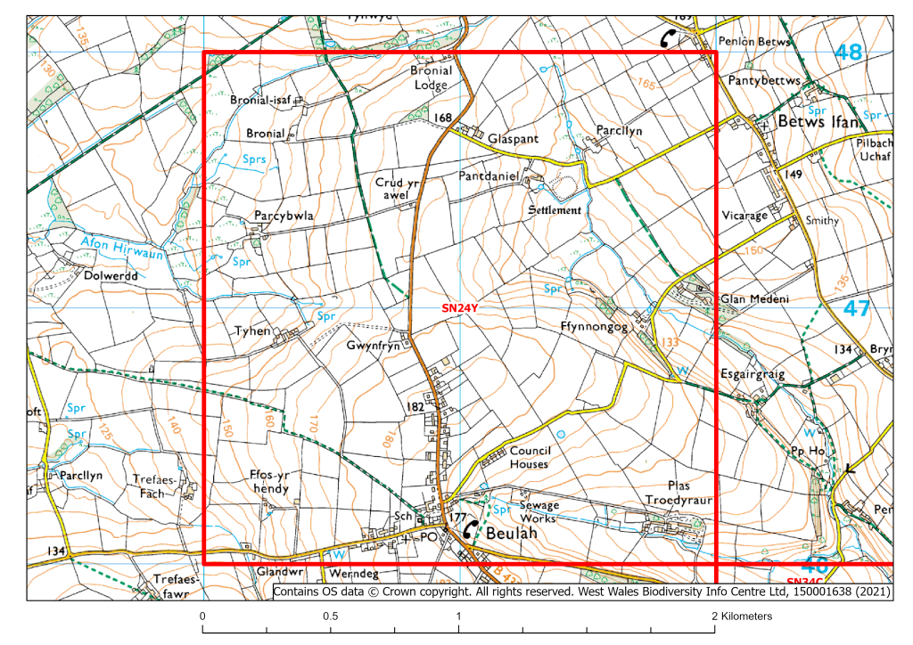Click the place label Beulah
click(x=513, y=533)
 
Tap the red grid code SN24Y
click(x=461, y=308)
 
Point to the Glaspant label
click(x=515, y=140)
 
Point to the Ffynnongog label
click(x=595, y=327)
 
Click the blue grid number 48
click(x=849, y=53)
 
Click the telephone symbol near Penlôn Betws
click(x=669, y=38)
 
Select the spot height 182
click(x=415, y=406)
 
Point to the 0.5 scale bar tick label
click(x=331, y=616)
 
